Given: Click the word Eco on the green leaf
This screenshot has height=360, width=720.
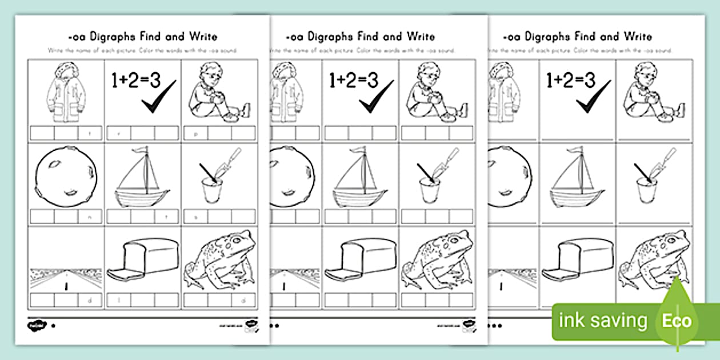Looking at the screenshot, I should click(x=677, y=321).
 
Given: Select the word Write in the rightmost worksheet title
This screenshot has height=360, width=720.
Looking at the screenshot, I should click(x=638, y=37).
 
